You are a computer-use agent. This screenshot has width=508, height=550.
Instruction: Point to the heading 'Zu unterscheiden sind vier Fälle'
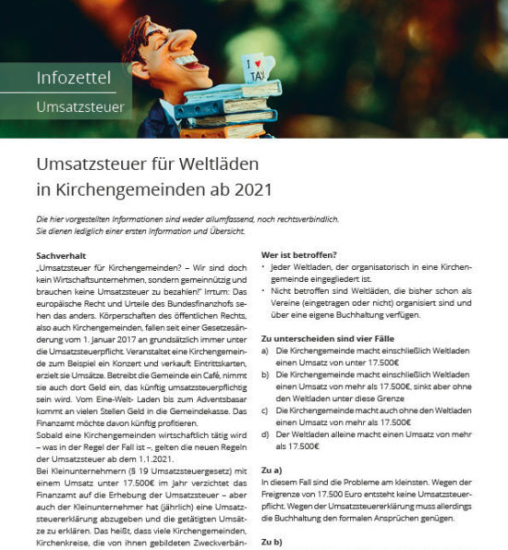(325, 339)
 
